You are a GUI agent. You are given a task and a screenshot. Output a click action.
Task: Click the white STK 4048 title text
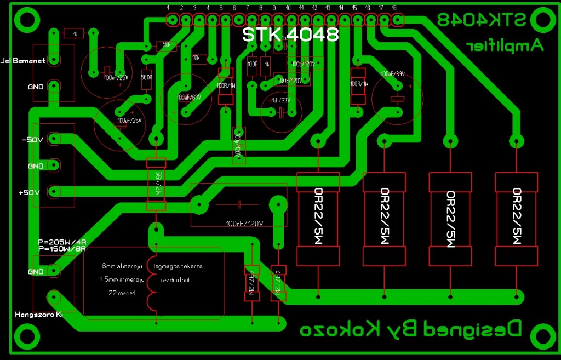click(x=290, y=35)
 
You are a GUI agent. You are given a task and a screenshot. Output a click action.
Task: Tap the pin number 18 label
click(x=394, y=8)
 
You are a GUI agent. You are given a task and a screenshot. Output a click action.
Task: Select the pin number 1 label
click(x=168, y=8)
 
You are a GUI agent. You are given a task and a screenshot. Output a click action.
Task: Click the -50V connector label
click(x=32, y=140)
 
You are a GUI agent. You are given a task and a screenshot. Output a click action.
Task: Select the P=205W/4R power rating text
click(x=62, y=242)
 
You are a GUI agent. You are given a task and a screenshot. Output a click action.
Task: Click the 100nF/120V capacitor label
click(x=245, y=224)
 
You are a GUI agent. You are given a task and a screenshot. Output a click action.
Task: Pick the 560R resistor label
click(x=146, y=77)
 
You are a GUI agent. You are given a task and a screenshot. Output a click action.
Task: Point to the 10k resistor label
click(x=196, y=58)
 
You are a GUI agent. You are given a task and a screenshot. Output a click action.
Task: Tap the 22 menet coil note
click(x=122, y=293)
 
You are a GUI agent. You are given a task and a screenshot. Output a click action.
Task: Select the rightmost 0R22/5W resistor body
click(x=516, y=218)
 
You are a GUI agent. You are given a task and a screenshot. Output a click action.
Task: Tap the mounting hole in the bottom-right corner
click(x=542, y=335)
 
